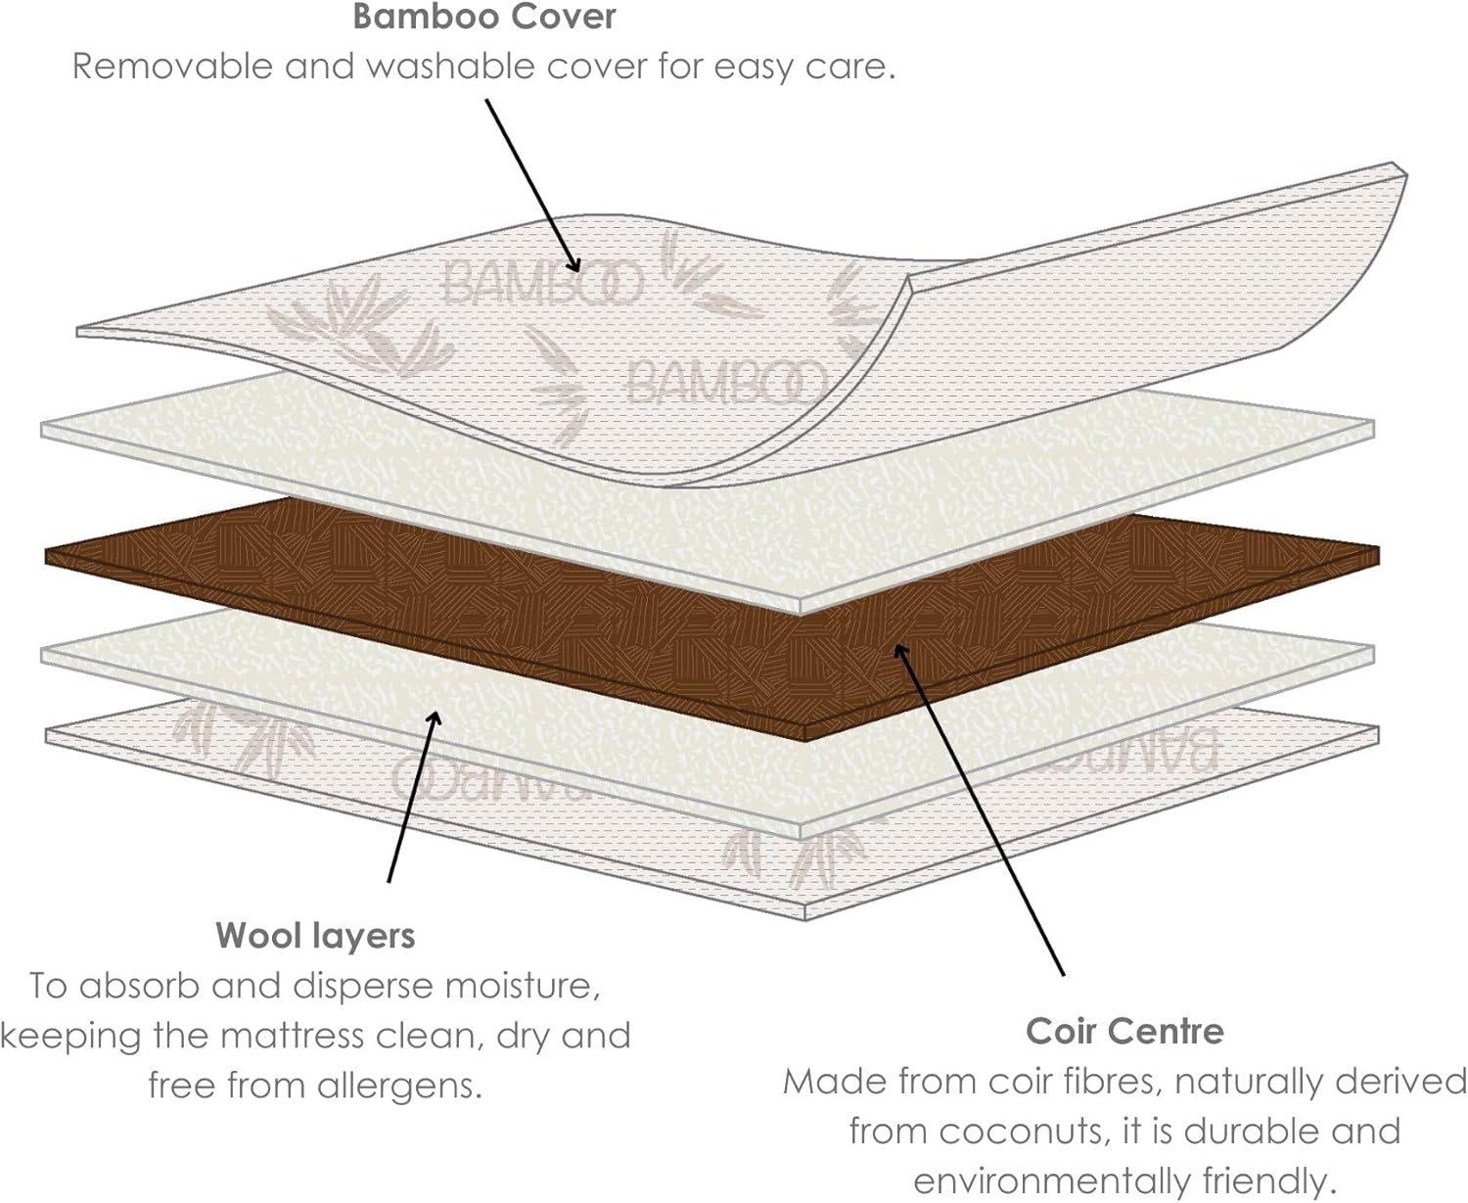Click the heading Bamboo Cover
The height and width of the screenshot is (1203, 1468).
coord(484,18)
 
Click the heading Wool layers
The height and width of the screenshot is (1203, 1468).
coord(315,936)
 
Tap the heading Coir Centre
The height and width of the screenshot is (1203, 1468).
coord(1124,1031)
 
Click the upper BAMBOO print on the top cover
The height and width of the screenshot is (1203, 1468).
coord(542,282)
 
